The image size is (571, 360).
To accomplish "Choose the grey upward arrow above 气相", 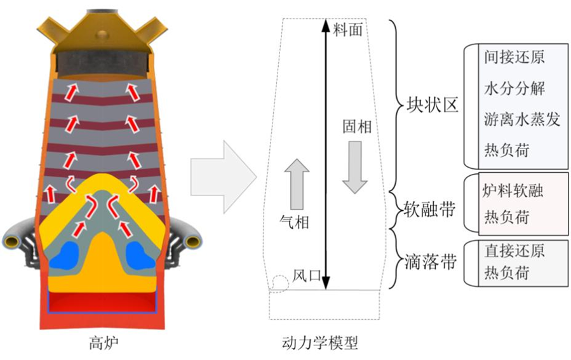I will pyautogui.click(x=296, y=184).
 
